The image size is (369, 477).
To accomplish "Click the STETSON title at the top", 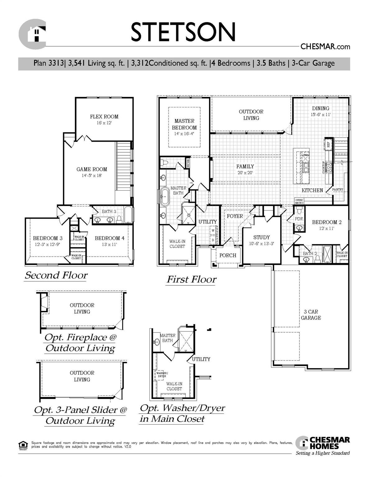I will (183, 32).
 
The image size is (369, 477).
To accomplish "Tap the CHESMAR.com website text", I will (325, 47).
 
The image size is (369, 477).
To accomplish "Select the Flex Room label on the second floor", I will (104, 117).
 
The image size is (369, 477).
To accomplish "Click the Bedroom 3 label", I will (48, 238).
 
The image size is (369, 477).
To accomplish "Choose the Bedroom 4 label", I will (109, 238).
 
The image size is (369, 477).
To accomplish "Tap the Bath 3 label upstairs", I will (109, 211).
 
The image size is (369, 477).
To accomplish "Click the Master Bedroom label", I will (184, 124).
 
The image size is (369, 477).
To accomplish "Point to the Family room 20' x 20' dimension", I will (245, 173).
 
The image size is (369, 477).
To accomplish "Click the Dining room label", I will (321, 108).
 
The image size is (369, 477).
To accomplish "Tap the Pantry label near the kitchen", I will (338, 189).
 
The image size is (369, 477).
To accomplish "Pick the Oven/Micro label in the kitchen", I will (299, 201).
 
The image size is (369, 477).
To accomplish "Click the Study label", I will (261, 237).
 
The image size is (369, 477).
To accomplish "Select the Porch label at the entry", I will (228, 255).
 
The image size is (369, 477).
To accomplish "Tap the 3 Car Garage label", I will (311, 315).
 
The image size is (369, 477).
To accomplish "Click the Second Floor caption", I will (56, 275).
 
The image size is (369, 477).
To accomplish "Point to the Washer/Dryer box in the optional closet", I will (162, 375).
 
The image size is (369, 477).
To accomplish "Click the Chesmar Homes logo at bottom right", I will (323, 443).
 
